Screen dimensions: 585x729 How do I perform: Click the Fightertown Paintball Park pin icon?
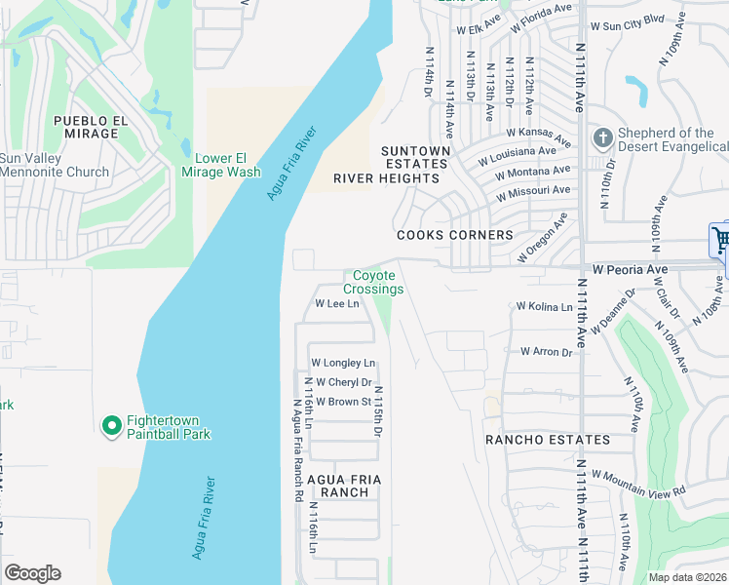click(x=111, y=425)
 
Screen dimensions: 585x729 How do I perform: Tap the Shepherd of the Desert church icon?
click(x=603, y=138)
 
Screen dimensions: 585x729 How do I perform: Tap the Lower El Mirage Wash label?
click(x=221, y=165)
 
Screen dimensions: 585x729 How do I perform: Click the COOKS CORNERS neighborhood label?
click(x=454, y=236)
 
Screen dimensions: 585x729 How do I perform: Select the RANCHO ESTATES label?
click(x=549, y=440)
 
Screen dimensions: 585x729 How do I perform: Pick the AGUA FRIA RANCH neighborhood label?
click(x=338, y=486)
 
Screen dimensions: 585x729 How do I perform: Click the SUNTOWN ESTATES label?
click(x=415, y=158)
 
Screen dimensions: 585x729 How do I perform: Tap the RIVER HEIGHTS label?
click(x=387, y=178)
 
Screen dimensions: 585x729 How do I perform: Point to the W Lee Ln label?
click(x=337, y=304)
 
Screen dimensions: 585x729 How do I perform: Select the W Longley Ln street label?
click(x=342, y=363)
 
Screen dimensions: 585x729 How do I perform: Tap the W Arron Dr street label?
click(x=546, y=351)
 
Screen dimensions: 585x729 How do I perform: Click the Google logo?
click(x=33, y=573)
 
